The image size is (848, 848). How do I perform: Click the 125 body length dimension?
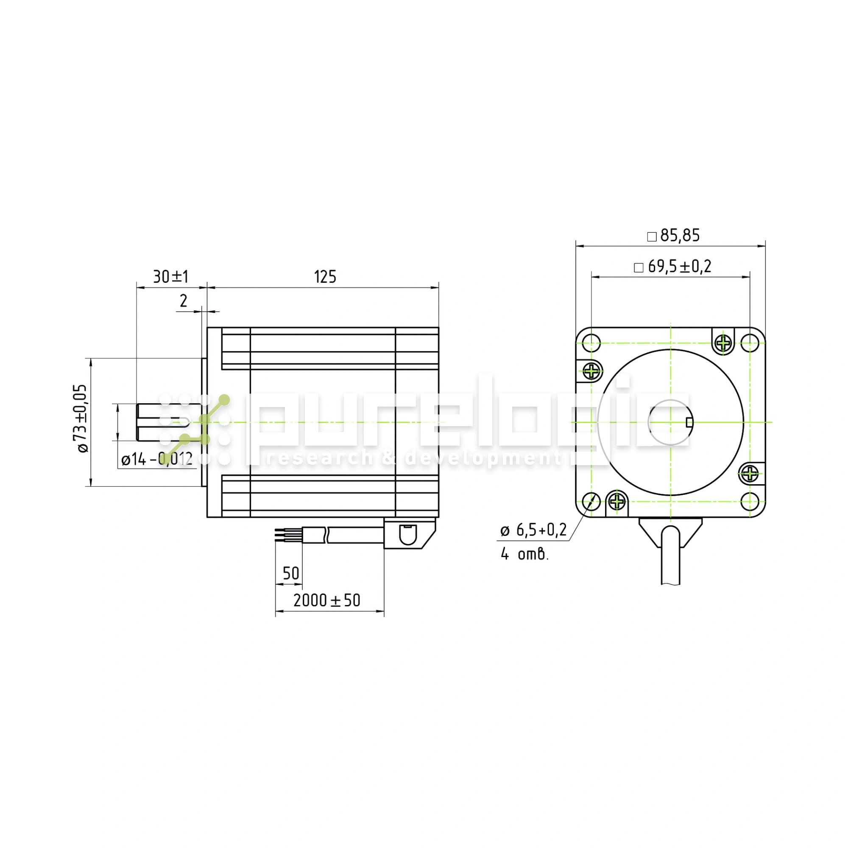click(325, 277)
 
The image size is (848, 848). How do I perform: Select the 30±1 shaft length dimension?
click(171, 277)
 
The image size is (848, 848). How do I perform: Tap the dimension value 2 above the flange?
click(184, 301)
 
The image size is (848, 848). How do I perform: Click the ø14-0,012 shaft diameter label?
click(157, 459)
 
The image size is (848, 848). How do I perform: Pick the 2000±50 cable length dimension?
click(326, 600)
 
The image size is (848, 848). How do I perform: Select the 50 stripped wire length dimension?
click(290, 574)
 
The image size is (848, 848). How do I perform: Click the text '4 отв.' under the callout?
click(524, 554)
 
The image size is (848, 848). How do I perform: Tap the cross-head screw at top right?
click(723, 342)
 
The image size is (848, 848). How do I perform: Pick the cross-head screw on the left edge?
click(592, 371)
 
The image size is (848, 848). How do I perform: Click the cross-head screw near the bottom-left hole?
click(617, 501)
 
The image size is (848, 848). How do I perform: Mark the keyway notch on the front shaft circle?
click(689, 422)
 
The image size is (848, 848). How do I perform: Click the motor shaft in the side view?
click(162, 422)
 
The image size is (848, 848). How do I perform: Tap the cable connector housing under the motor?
click(408, 533)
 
